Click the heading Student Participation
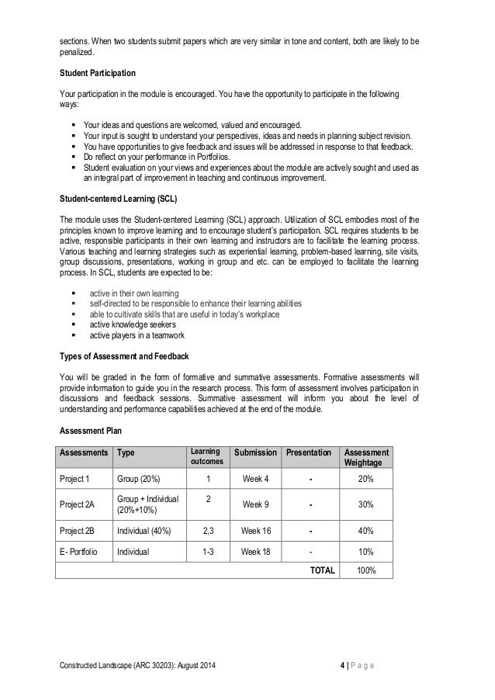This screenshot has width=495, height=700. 98,73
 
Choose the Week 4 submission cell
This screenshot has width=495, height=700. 256,479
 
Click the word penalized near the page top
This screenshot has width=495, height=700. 78,52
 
